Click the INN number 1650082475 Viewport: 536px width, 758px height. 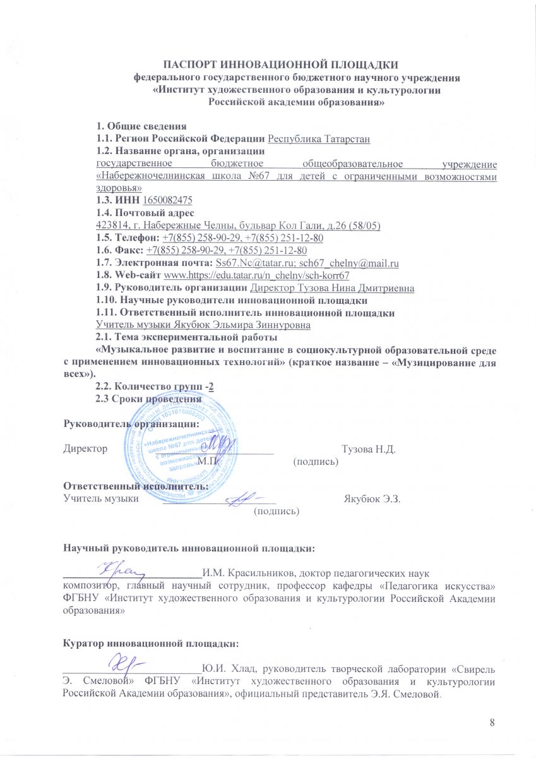(167, 200)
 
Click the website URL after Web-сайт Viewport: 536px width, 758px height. (256, 275)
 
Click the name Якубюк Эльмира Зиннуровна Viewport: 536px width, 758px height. (203, 324)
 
